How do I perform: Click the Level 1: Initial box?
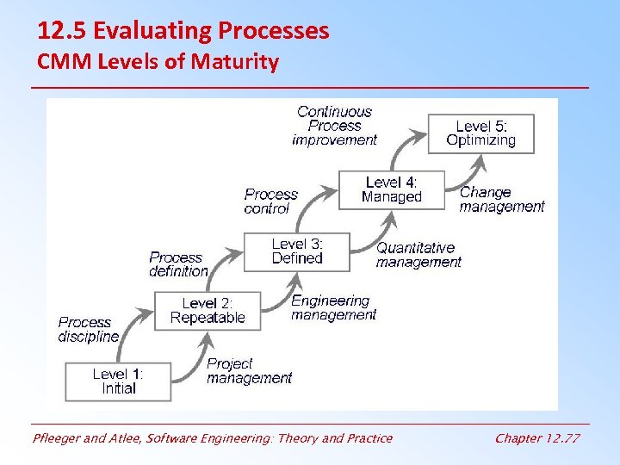(x=119, y=381)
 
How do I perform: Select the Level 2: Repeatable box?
(x=208, y=310)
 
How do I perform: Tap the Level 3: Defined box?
(x=297, y=251)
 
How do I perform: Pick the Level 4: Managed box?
(x=392, y=189)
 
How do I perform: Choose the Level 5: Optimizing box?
(x=480, y=133)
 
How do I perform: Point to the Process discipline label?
(x=88, y=329)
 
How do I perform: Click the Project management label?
(x=249, y=370)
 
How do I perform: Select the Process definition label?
(x=178, y=263)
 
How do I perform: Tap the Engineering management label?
(x=333, y=307)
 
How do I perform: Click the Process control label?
(x=270, y=201)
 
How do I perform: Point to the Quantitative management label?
(x=418, y=254)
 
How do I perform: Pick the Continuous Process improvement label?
(x=334, y=125)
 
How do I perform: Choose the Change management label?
(x=502, y=199)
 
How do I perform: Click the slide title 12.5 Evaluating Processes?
(x=183, y=31)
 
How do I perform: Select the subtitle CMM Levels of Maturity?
(x=158, y=62)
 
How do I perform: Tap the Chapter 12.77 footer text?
(x=537, y=438)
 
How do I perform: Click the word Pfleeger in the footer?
(x=57, y=438)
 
